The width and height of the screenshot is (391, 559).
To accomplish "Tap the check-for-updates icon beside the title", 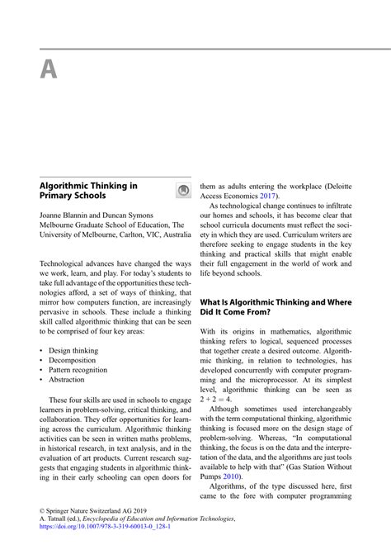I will click(183, 192).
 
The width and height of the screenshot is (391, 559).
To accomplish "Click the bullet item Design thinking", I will click(73, 350).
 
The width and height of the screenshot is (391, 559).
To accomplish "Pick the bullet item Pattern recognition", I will click(78, 370).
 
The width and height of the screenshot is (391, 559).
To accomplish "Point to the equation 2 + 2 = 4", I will click(216, 399).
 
